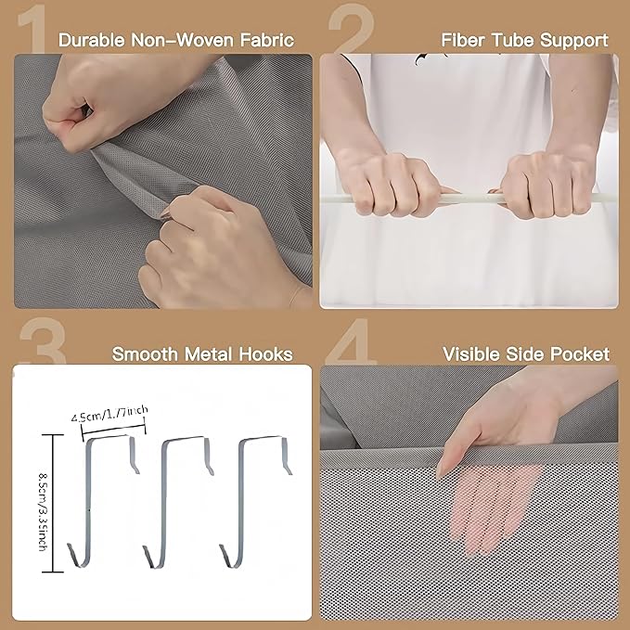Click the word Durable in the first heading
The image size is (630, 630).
(x=92, y=40)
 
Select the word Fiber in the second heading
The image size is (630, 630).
(x=464, y=40)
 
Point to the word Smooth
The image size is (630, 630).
(x=145, y=354)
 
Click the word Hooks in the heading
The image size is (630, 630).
(x=265, y=354)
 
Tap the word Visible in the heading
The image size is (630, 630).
(x=471, y=354)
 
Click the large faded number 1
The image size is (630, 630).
(x=32, y=29)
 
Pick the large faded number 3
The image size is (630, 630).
(x=43, y=341)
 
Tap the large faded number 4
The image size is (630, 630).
(x=351, y=341)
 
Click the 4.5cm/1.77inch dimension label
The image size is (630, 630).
(x=109, y=414)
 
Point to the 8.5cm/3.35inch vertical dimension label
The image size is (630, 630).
(x=44, y=505)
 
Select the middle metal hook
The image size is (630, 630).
(x=164, y=501)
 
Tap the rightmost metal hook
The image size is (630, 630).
(x=241, y=501)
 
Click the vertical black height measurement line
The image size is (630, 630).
(x=53, y=503)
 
